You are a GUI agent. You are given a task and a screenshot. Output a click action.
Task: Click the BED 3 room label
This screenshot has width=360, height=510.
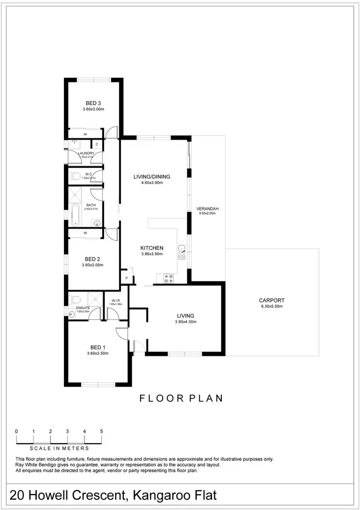(x=93, y=103)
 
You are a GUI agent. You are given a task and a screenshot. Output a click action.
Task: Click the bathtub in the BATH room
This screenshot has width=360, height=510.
(x=75, y=216)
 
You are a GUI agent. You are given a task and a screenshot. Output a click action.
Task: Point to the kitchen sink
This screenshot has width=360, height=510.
(x=182, y=252)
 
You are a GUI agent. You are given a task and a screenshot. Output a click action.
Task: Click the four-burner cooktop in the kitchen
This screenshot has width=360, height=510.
(x=169, y=278)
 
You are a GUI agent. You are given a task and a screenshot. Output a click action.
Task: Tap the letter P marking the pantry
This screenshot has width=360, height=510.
(x=127, y=278)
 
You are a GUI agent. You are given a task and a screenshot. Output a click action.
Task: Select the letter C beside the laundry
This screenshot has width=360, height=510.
(x=96, y=144)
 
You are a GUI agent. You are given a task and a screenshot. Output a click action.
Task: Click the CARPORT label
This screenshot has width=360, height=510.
(x=272, y=300)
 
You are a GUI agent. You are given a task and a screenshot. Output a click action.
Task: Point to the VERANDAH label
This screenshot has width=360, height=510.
(x=207, y=208)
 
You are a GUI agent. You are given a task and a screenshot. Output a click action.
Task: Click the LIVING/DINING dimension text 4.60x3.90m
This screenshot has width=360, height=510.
(x=152, y=182)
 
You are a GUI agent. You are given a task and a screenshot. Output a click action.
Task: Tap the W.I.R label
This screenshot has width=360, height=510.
(x=116, y=301)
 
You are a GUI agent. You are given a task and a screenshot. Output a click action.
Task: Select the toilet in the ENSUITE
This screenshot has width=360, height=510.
(x=75, y=301)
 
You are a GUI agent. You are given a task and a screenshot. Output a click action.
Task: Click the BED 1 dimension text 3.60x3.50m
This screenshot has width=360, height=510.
(x=97, y=353)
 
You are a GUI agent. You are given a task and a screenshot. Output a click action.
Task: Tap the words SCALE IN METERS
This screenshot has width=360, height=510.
(x=59, y=449)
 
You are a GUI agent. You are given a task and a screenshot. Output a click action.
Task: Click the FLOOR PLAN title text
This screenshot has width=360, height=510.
(x=181, y=398)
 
